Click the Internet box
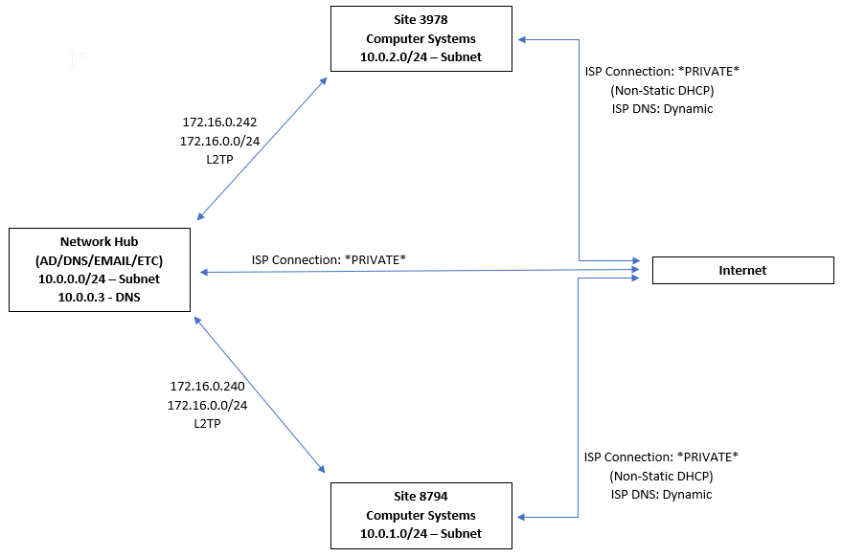tap(742, 271)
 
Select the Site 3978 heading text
tap(421, 21)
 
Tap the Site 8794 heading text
tap(421, 497)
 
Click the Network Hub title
tap(100, 242)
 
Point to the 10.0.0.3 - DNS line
tap(100, 297)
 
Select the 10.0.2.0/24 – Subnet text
tap(421, 57)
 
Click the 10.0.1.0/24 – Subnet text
tap(421, 533)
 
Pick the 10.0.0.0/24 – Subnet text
tap(100, 278)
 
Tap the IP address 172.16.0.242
tap(219, 123)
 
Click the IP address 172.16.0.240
tap(207, 387)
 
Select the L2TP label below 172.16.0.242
tap(219, 159)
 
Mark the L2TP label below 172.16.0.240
tap(207, 423)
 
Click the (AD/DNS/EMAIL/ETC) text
tap(100, 260)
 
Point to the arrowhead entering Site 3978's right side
tap(523, 39)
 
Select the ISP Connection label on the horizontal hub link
tap(329, 259)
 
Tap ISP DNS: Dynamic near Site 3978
tap(662, 109)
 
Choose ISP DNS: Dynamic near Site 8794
tap(661, 495)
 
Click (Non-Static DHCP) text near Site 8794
tap(661, 476)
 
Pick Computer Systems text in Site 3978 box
tap(421, 39)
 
